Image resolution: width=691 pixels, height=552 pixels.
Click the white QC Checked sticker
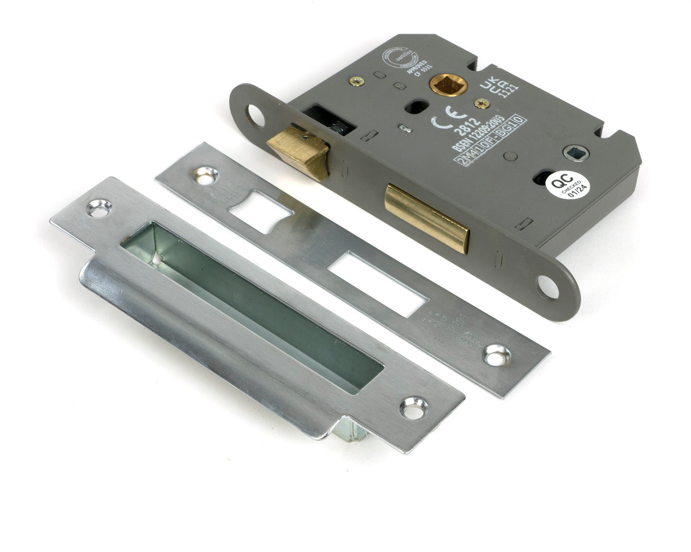(567, 185)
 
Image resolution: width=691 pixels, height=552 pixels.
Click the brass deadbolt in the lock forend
(427, 218)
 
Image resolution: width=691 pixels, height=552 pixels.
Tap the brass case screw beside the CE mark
(482, 103)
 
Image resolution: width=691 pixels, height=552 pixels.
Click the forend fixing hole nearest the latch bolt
(256, 116)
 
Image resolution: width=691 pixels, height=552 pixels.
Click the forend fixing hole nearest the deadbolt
(548, 287)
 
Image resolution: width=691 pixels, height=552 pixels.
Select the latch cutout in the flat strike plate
(260, 211)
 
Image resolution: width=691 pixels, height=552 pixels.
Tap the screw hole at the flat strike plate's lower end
(496, 355)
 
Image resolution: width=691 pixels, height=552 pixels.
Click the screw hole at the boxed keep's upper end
(99, 208)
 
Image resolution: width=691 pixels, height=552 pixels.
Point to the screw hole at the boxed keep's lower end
(414, 408)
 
